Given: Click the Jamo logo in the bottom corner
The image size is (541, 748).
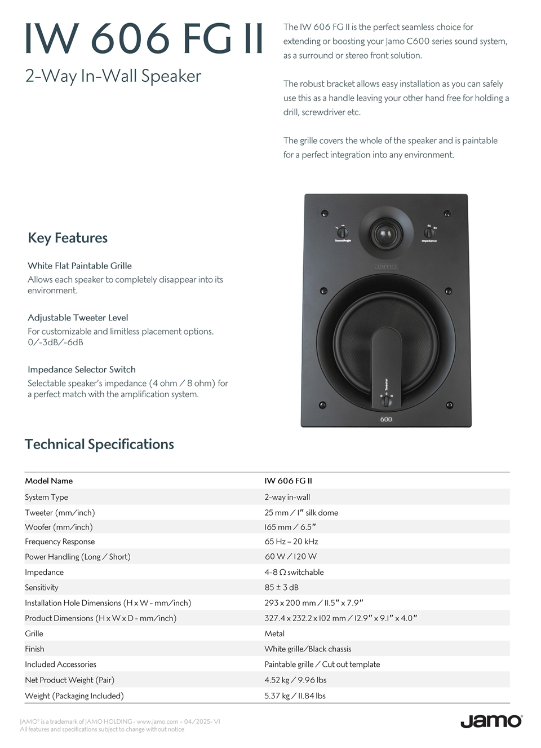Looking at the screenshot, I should [x=491, y=721].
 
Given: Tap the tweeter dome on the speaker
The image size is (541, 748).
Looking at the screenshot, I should [x=385, y=232].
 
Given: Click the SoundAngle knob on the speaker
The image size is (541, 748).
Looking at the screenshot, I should [x=342, y=232].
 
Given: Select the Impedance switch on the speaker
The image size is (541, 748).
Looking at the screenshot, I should [x=429, y=232].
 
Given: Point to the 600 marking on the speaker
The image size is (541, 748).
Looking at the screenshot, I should [x=386, y=419].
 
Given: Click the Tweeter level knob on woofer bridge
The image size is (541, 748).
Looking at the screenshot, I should [x=386, y=401].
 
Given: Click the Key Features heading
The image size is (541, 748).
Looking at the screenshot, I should [x=68, y=238].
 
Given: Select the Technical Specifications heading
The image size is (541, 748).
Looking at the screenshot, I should [x=99, y=445].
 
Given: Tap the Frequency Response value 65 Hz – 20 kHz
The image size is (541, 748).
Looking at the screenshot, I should [x=291, y=542].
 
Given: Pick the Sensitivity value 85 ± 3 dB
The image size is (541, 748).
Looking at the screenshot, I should [x=281, y=587].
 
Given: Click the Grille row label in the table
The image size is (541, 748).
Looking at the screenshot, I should [x=34, y=633].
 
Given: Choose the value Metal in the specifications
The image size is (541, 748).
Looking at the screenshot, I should [x=274, y=633].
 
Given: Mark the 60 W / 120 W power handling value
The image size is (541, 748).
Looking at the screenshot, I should [x=291, y=557].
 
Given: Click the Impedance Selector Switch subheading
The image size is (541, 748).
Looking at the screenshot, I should [x=82, y=369].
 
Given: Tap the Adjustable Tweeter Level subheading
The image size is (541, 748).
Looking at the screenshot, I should [x=78, y=318].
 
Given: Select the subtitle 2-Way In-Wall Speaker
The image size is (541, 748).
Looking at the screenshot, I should [x=113, y=76].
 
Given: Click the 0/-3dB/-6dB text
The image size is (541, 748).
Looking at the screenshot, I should [x=56, y=342].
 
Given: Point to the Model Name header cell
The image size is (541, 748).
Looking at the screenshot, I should [x=48, y=481].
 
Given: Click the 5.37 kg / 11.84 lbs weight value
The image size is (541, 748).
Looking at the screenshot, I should [x=295, y=696].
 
